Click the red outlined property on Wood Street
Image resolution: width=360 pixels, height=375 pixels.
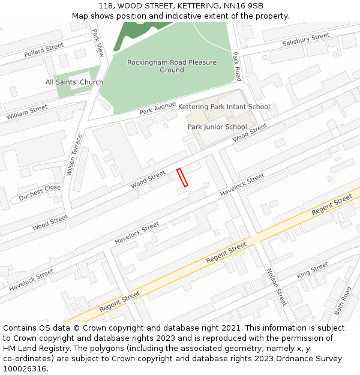point(182,178)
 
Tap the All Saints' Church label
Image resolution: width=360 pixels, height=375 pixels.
point(74,82)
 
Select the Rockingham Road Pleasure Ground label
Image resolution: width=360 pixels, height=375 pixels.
point(172,66)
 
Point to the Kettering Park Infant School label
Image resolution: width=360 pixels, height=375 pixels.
point(224,107)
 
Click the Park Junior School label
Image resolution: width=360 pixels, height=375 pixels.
point(217,127)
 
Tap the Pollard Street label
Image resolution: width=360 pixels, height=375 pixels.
point(44,50)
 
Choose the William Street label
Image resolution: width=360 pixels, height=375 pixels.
point(27,112)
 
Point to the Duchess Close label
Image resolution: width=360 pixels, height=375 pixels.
point(40,193)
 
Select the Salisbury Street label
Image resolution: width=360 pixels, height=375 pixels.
point(306,40)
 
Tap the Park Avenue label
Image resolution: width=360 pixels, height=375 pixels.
point(157,109)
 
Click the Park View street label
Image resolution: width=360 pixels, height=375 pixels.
point(98,43)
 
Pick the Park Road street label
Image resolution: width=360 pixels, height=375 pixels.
point(236,67)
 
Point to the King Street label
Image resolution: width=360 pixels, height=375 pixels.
point(312,269)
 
